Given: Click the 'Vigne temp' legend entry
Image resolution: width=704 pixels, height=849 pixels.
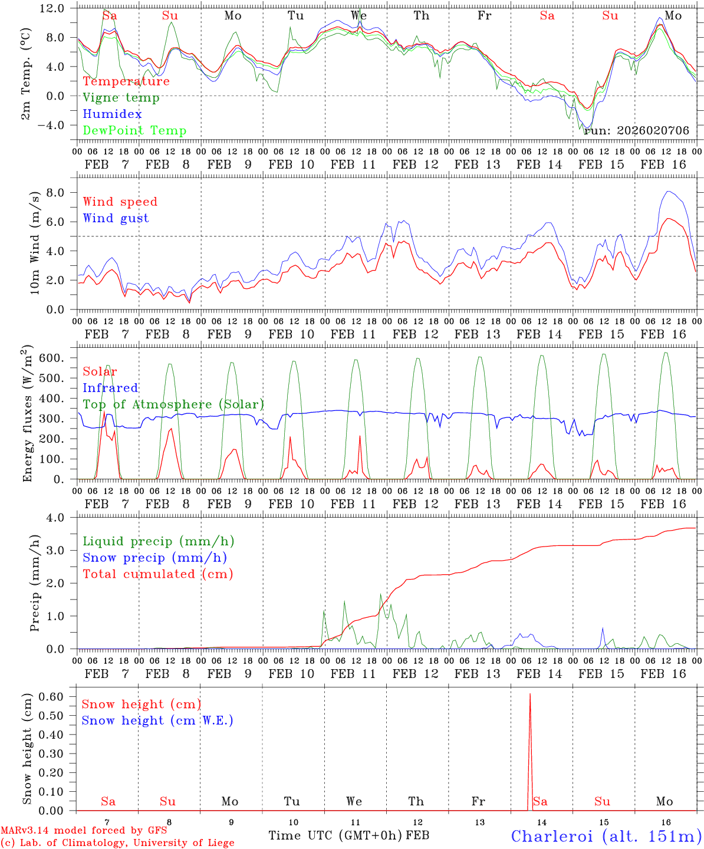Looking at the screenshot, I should (x=121, y=98).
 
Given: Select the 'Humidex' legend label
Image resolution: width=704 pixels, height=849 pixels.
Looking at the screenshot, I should (x=112, y=114).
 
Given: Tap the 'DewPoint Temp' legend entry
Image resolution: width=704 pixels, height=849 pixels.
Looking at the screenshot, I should (x=134, y=131).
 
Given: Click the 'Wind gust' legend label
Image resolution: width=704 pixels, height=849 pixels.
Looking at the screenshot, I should (x=116, y=218).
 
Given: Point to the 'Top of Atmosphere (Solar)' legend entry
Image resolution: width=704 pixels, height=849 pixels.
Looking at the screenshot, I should (x=173, y=404).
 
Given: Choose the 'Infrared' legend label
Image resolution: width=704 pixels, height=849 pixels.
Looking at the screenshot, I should (x=110, y=388).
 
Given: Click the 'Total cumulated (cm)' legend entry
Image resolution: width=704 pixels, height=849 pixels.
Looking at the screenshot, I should (x=158, y=574).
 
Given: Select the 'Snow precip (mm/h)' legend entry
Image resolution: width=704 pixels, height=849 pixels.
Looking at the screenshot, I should (x=155, y=558).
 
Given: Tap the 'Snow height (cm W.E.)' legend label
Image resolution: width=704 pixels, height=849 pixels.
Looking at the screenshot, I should (x=157, y=720).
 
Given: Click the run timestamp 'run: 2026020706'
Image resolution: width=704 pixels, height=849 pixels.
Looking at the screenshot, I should (x=636, y=131).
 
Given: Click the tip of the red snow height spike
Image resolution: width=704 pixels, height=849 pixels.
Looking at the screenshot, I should (x=530, y=695).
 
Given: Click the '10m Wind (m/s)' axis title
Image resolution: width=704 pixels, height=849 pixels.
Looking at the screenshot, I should (x=35, y=242).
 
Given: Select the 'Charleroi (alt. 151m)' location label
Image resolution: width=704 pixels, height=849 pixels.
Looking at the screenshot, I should (x=606, y=836).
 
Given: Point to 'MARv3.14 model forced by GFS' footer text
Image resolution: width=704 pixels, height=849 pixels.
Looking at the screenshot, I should (x=84, y=831).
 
